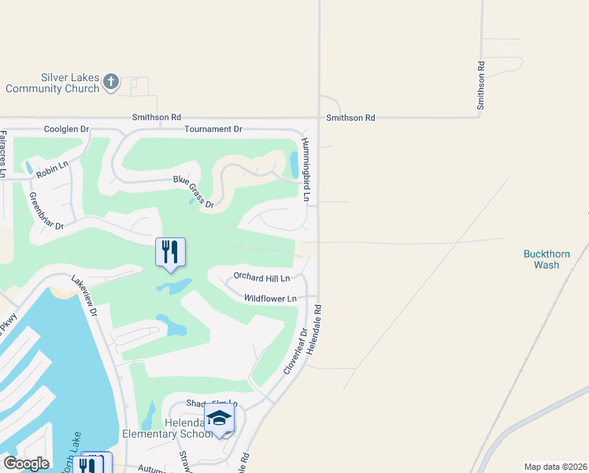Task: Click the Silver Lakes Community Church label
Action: point(52,84)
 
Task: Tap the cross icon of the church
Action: point(111,81)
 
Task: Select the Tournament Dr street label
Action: point(213,128)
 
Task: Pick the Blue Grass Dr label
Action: point(194,192)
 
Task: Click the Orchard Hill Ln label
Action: point(261,277)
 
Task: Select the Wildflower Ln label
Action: point(269,298)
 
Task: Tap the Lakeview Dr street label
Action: point(83,296)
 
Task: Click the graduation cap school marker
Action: point(220,419)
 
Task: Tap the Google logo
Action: point(26,464)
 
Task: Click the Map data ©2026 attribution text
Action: point(555,467)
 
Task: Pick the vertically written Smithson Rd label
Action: point(480,85)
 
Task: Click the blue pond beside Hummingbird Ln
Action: point(294,163)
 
